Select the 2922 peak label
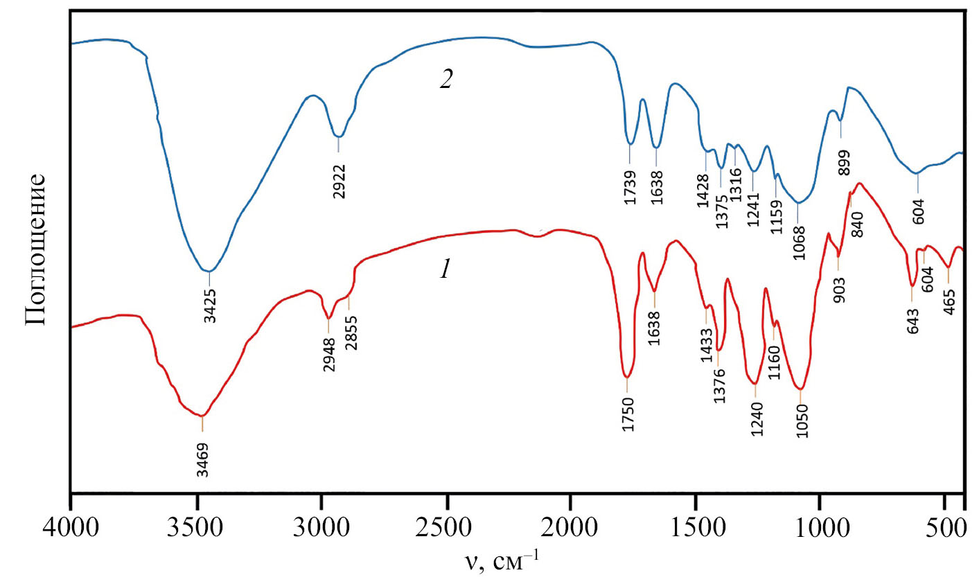[x=339, y=182]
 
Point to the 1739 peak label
[x=630, y=188]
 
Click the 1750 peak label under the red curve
[x=628, y=414]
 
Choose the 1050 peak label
[x=802, y=421]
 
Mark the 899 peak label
[x=844, y=163]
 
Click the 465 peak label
[x=949, y=301]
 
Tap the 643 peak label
[x=912, y=321]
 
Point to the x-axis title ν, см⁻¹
[x=501, y=559]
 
